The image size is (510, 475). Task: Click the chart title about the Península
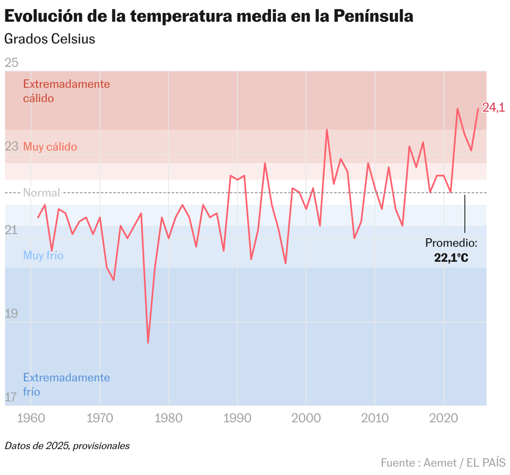pyautogui.click(x=209, y=16)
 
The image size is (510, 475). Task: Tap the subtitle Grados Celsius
pyautogui.click(x=50, y=39)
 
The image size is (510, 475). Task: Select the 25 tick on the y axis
pyautogui.click(x=11, y=63)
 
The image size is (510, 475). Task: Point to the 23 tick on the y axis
pyautogui.click(x=11, y=146)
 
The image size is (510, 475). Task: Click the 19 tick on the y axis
pyautogui.click(x=11, y=314)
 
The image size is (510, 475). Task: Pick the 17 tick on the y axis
pyautogui.click(x=11, y=397)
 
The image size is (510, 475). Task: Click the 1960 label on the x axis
pyautogui.click(x=31, y=419)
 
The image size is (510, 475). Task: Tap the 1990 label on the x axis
pyautogui.click(x=237, y=419)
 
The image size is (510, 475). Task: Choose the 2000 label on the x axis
pyautogui.click(x=306, y=419)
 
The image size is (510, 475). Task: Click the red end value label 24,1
pyautogui.click(x=493, y=108)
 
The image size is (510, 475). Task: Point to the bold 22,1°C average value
pyautogui.click(x=451, y=258)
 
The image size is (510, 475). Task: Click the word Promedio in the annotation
pyautogui.click(x=451, y=243)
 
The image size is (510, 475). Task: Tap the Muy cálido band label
pyautogui.click(x=50, y=147)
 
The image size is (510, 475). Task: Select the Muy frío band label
pyautogui.click(x=43, y=255)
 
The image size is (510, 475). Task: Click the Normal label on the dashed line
pyautogui.click(x=41, y=193)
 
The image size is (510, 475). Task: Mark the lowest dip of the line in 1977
pyautogui.click(x=148, y=342)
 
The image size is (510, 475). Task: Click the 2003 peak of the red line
pyautogui.click(x=327, y=130)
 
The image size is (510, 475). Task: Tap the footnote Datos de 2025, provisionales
pyautogui.click(x=67, y=446)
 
